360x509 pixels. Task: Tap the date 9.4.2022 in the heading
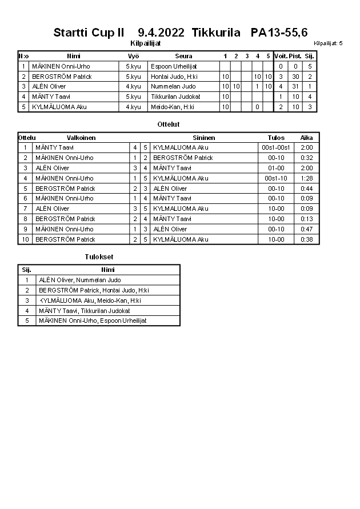(161, 33)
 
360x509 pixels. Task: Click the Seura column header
(183, 56)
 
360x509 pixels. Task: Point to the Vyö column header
(133, 56)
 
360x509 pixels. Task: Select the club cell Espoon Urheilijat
(174, 66)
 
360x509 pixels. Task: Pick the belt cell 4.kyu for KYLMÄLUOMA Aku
(133, 107)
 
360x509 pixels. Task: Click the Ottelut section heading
(168, 124)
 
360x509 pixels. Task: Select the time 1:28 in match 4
(306, 178)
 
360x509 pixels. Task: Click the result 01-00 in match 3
(276, 168)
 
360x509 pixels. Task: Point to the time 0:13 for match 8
(306, 219)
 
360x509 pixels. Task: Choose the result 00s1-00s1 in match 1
(276, 147)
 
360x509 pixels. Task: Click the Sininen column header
(203, 138)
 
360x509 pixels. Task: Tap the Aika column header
(306, 138)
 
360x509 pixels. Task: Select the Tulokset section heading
(99, 257)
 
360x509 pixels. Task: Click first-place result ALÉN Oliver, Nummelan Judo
(80, 280)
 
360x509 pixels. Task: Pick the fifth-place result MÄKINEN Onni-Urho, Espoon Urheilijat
(93, 320)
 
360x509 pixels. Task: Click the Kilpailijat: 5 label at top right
(328, 43)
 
